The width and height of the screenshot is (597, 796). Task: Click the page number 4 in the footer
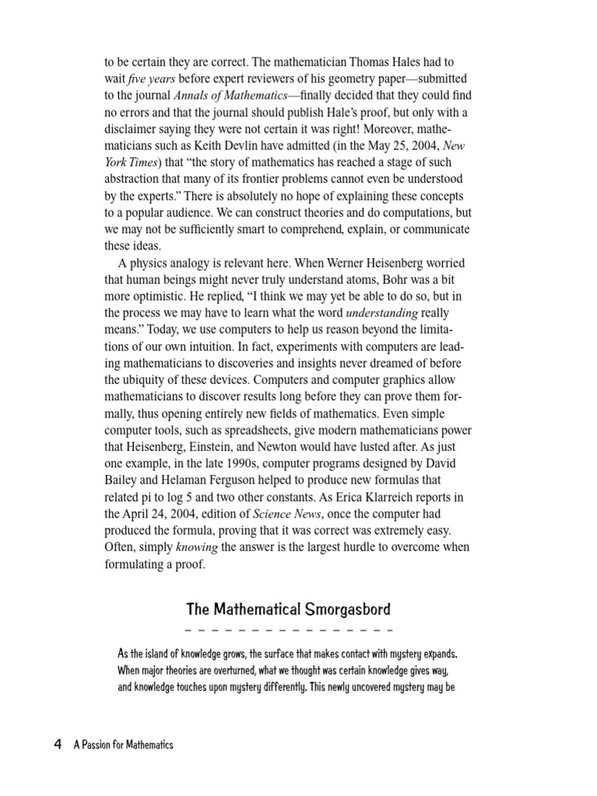point(58,745)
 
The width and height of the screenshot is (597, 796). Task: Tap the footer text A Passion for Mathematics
point(124,745)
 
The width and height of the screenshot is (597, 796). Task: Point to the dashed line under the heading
point(289,629)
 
